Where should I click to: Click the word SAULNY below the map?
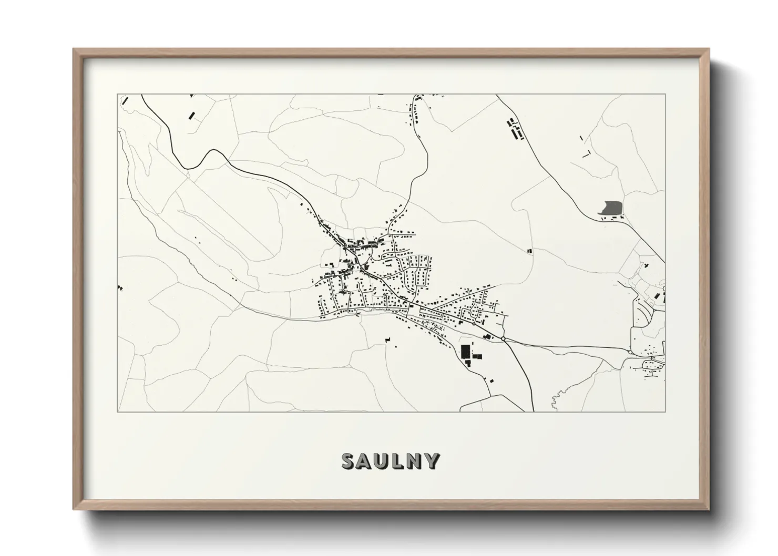[391, 461]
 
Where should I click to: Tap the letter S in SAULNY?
[349, 461]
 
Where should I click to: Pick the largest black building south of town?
[465, 351]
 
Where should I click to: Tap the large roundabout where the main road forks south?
[504, 339]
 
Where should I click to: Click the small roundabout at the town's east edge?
[473, 324]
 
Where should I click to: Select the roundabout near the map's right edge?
[630, 352]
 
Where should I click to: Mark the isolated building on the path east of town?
[529, 251]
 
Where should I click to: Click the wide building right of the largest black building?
[477, 356]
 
